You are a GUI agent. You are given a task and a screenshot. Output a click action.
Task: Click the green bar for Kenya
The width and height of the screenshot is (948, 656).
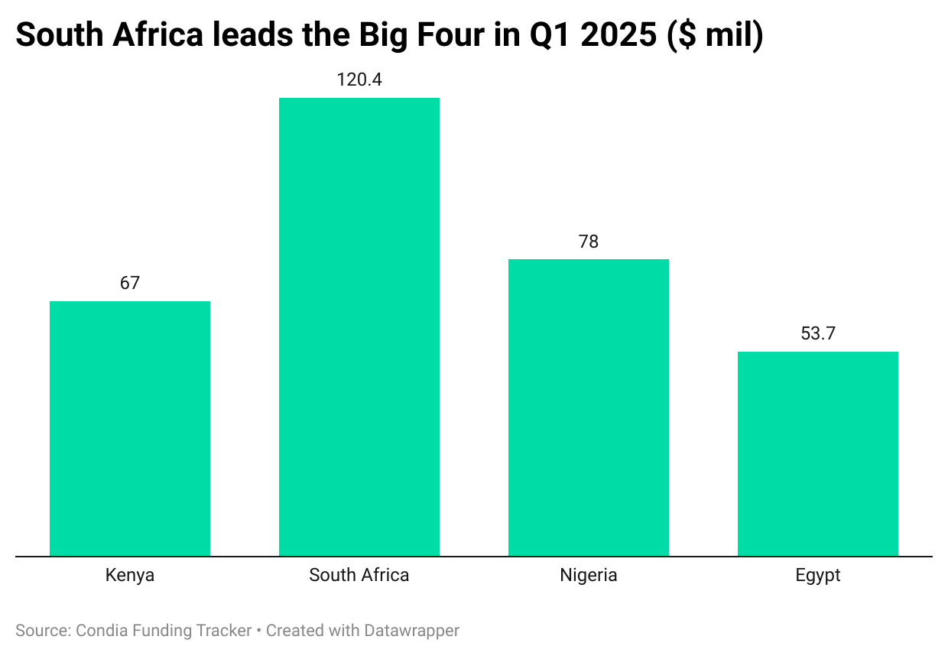pyautogui.click(x=130, y=428)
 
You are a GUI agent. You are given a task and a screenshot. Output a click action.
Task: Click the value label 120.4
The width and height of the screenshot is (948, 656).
pyautogui.click(x=359, y=80)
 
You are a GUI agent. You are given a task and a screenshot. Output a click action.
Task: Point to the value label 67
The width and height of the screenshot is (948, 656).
pyautogui.click(x=130, y=283)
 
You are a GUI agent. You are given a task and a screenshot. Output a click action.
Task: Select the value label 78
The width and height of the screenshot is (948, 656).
pyautogui.click(x=589, y=242)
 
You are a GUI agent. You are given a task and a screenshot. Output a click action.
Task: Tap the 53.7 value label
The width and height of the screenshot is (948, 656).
pyautogui.click(x=818, y=334)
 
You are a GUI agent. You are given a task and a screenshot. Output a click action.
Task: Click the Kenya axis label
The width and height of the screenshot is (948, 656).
pyautogui.click(x=130, y=575)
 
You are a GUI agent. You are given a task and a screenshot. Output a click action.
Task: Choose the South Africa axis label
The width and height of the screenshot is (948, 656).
pyautogui.click(x=359, y=575)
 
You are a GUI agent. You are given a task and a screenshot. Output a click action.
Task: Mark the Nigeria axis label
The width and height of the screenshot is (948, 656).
pyautogui.click(x=589, y=575)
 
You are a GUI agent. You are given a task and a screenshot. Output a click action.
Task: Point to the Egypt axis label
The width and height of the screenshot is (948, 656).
pyautogui.click(x=818, y=576)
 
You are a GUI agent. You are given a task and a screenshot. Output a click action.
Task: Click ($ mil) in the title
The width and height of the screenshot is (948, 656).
pyautogui.click(x=715, y=37)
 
